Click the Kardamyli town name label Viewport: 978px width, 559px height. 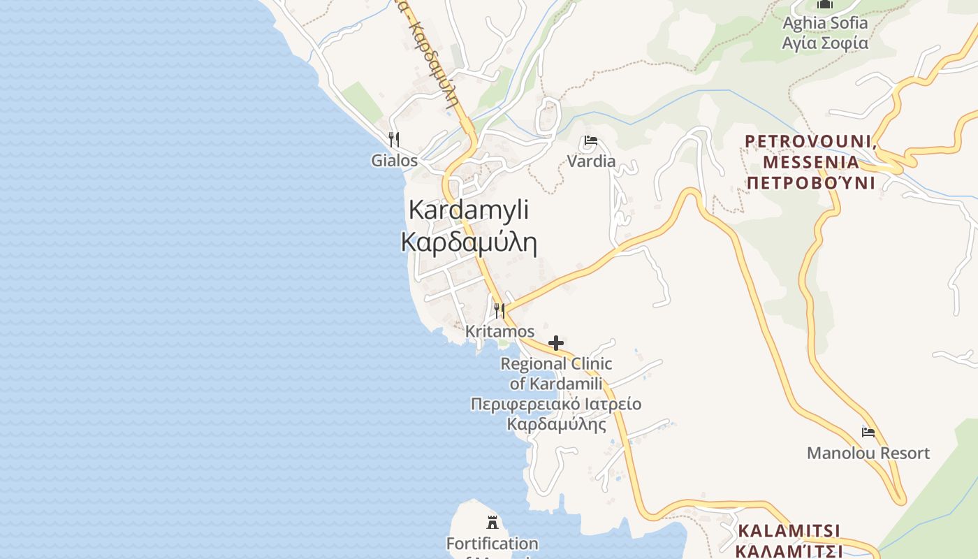coord(469,210)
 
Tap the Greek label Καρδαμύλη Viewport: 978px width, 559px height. coord(469,242)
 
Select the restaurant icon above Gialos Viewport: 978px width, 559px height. coord(394,139)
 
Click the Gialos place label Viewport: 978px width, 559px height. coord(394,161)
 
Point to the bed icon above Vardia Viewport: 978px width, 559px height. coord(590,141)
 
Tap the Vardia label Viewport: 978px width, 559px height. coord(591,161)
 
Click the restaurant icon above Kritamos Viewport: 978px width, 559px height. coord(499,310)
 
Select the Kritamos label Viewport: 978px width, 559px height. coord(499,331)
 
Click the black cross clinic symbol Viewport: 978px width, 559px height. coord(556,343)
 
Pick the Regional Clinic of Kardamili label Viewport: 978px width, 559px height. coord(556,373)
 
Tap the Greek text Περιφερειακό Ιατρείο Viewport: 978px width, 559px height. coord(556,405)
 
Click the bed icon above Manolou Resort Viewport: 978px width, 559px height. coord(868,433)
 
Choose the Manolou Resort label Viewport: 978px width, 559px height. coord(868,453)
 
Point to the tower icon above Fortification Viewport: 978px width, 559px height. coord(492,522)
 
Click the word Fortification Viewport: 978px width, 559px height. coord(492,543)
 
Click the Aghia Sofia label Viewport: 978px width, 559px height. coord(825,23)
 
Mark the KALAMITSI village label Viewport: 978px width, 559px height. coord(789,530)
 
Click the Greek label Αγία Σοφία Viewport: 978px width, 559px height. coord(825,43)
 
